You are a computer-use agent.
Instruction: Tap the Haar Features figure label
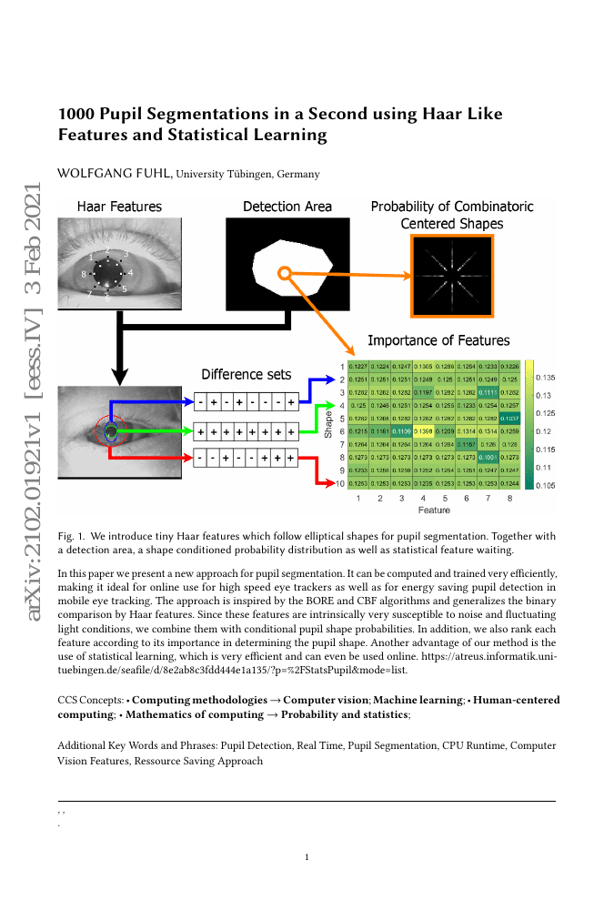pyautogui.click(x=119, y=207)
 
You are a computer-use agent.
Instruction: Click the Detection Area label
pyautogui.click(x=287, y=207)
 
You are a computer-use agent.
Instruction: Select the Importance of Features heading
pyautogui.click(x=438, y=340)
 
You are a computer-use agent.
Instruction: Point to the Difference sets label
pyautogui.click(x=246, y=374)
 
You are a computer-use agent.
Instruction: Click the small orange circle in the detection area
pyautogui.click(x=285, y=273)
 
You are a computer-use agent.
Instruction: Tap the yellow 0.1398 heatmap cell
pyautogui.click(x=423, y=430)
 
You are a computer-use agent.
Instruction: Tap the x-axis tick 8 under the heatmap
pyautogui.click(x=510, y=500)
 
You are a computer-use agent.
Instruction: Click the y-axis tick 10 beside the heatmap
pyautogui.click(x=340, y=484)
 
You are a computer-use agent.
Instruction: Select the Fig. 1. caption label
pyautogui.click(x=71, y=537)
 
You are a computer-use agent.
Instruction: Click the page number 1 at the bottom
pyautogui.click(x=307, y=857)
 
